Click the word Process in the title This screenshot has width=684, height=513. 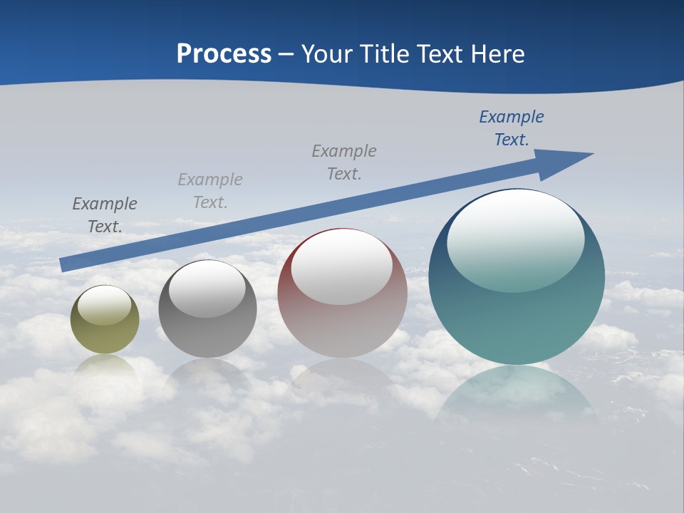point(224,54)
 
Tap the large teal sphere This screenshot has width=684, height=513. point(517,313)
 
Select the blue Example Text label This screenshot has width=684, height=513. point(511,128)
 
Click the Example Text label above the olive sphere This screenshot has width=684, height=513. point(105,215)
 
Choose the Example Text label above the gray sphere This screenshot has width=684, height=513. point(210,191)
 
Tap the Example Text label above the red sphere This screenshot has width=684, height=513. point(344,162)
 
